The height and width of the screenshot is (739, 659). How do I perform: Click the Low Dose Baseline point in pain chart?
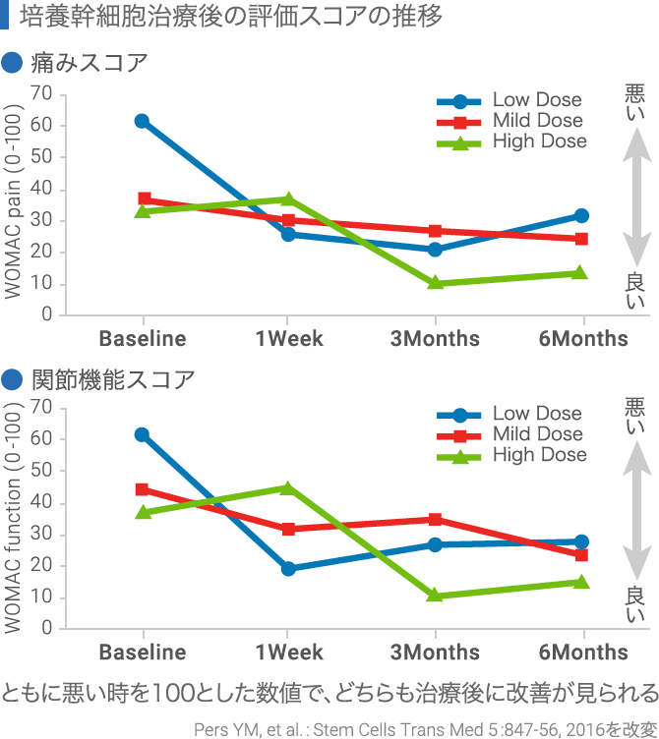(143, 121)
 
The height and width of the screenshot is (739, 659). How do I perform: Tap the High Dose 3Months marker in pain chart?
(435, 283)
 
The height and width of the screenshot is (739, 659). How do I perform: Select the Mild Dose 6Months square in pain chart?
(581, 239)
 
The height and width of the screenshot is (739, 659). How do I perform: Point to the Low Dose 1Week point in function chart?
(288, 568)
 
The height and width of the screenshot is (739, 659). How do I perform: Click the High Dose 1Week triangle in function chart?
(288, 487)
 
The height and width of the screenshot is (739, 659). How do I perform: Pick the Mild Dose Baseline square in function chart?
(143, 489)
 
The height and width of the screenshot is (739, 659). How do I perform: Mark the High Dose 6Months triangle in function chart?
(581, 581)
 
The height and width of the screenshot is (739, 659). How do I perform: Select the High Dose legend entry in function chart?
(511, 455)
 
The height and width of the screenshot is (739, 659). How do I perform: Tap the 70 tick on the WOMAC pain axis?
(41, 94)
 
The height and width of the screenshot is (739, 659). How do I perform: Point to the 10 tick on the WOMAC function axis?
(41, 597)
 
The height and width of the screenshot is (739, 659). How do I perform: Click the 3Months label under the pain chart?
(435, 339)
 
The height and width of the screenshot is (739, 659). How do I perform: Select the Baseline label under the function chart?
(143, 653)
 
